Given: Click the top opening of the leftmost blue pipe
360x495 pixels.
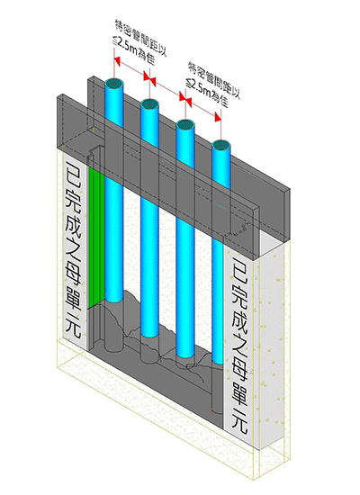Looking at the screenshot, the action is point(114,83).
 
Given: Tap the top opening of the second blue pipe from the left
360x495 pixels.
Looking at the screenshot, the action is point(149,103).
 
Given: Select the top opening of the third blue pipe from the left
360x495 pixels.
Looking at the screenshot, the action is point(185,124).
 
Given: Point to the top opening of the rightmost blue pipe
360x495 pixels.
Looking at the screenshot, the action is point(221,145).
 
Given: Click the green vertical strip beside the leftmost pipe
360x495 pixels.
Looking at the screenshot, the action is point(96,237).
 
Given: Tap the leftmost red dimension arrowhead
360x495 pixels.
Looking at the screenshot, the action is point(118,61).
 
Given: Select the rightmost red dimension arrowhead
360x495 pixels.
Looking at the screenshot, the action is point(218,117).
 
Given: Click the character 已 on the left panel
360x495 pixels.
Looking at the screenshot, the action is point(73,175).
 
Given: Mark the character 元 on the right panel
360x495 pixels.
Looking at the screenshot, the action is point(239,421).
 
